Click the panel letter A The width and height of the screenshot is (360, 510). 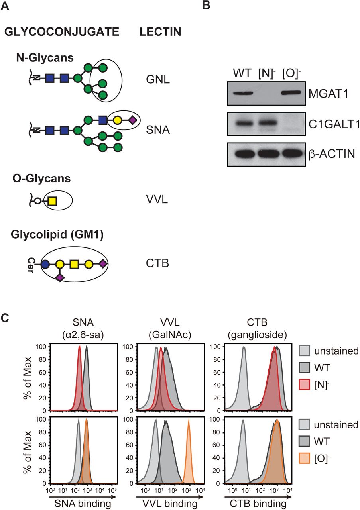pos(7,6)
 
